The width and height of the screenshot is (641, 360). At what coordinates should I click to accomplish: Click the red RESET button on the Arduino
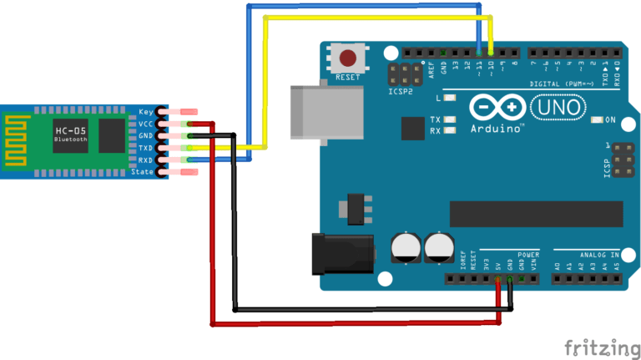[349, 58]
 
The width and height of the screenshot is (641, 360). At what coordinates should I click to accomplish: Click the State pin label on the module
[143, 172]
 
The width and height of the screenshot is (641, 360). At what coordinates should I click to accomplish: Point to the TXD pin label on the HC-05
[145, 148]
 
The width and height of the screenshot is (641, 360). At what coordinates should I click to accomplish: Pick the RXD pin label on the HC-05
[145, 160]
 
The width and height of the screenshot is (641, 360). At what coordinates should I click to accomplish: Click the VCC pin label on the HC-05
[145, 124]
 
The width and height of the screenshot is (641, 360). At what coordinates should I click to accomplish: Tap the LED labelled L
[452, 99]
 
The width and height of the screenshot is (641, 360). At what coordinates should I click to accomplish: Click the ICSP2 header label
[400, 90]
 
